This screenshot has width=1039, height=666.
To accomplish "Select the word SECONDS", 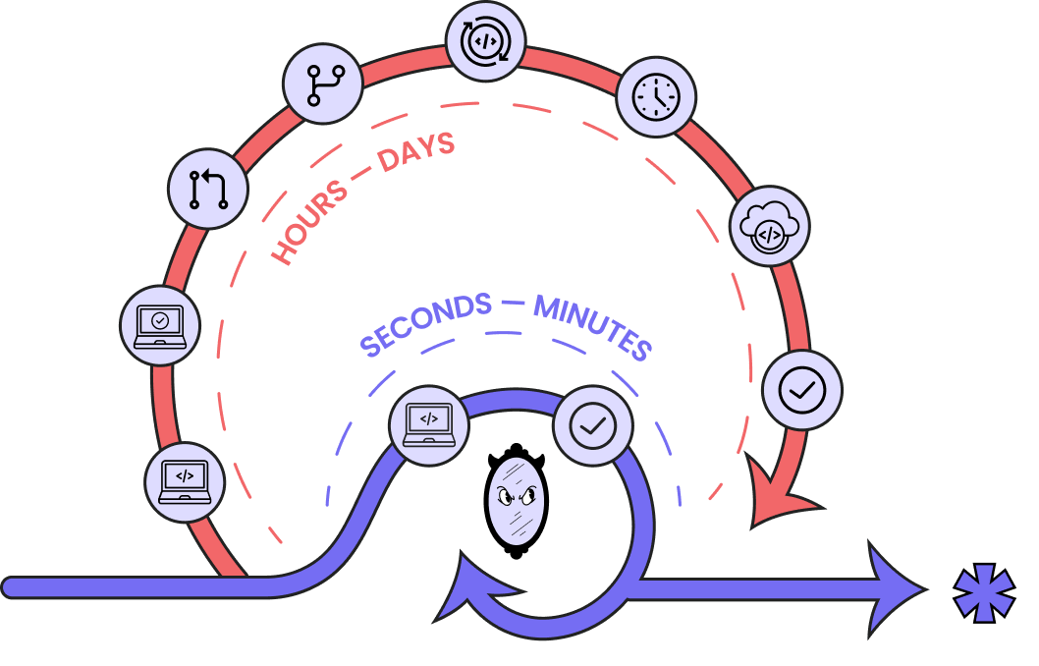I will click(x=426, y=325).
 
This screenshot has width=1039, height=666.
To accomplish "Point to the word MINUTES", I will click(x=592, y=326).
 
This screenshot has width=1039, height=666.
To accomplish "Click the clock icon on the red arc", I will click(x=656, y=96).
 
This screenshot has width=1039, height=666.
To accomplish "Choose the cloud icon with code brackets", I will click(x=770, y=226).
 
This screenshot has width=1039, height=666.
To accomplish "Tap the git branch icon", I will click(x=323, y=83).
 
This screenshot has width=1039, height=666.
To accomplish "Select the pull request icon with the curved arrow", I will click(x=208, y=188).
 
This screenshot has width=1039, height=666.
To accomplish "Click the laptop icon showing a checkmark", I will click(x=160, y=325).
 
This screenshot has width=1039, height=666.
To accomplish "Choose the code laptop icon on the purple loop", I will click(x=429, y=424).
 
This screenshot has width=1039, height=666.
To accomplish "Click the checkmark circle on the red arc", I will click(x=801, y=390).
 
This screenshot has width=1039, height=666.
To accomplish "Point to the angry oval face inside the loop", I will click(x=516, y=500).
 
